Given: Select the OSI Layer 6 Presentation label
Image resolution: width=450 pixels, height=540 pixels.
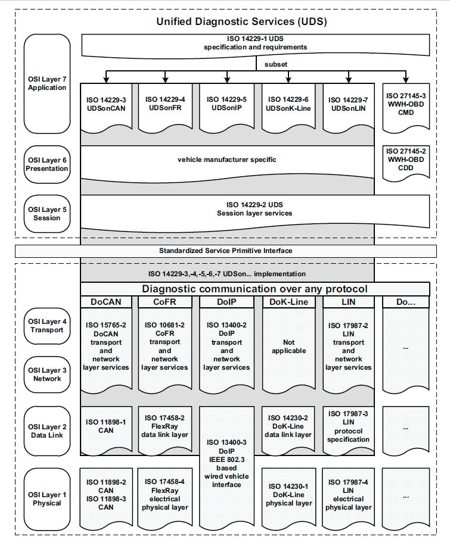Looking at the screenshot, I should click(46, 164).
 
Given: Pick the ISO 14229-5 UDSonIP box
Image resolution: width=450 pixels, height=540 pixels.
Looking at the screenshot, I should click(227, 104).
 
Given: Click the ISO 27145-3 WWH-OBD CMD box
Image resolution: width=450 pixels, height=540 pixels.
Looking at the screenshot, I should click(406, 104).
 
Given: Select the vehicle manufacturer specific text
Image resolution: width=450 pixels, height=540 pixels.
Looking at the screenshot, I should click(227, 160).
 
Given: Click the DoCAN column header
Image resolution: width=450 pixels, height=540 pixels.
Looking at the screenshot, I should click(106, 302).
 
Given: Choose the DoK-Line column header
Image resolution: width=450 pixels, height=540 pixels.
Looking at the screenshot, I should click(288, 302).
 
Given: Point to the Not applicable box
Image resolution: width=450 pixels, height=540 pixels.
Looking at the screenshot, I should click(288, 347).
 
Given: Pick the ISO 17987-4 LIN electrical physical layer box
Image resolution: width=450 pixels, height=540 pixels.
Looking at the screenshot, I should click(349, 494).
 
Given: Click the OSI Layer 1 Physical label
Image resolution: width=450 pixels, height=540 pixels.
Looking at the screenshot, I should click(47, 499).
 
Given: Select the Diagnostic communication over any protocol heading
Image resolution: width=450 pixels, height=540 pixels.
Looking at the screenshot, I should click(255, 289).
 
